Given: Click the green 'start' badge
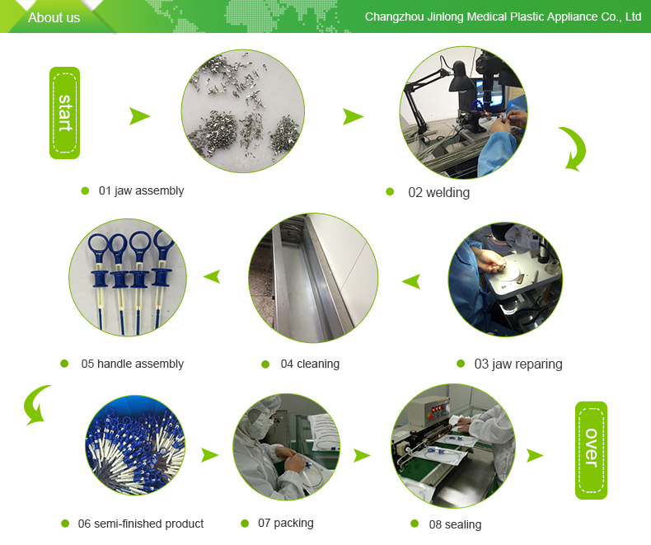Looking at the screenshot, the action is [x=64, y=113].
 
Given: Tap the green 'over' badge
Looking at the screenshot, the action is [x=591, y=450].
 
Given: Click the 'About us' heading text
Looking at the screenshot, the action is [x=54, y=17].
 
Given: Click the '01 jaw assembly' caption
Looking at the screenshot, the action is [x=141, y=190].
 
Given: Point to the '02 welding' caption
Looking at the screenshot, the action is [x=439, y=192].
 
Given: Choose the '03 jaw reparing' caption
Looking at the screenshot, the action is [x=518, y=364].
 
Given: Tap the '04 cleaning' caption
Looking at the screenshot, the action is [x=310, y=364].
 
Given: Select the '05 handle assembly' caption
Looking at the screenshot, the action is [x=133, y=364].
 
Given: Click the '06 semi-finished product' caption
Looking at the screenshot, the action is [x=141, y=524].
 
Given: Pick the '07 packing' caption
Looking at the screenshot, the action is [x=286, y=523].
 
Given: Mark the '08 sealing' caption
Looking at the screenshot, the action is [x=455, y=524].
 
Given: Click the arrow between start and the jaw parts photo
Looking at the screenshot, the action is [x=139, y=116].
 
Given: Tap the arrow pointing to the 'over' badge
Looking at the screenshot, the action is [x=534, y=456].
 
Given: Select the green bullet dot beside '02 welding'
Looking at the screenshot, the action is [x=390, y=191].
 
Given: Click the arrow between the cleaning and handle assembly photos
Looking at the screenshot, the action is [x=212, y=277].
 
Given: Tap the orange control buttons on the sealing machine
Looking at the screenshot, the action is [x=440, y=407].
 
